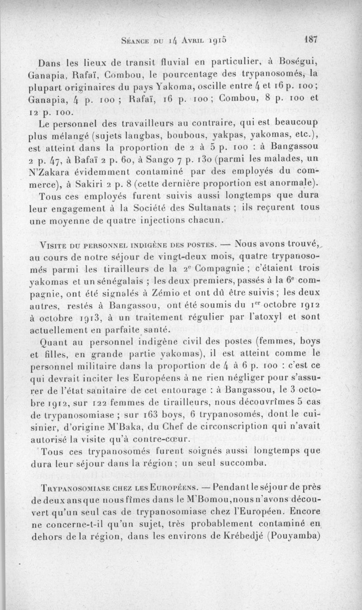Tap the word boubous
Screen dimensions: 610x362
point(175,135)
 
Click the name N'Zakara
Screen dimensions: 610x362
point(51,171)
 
